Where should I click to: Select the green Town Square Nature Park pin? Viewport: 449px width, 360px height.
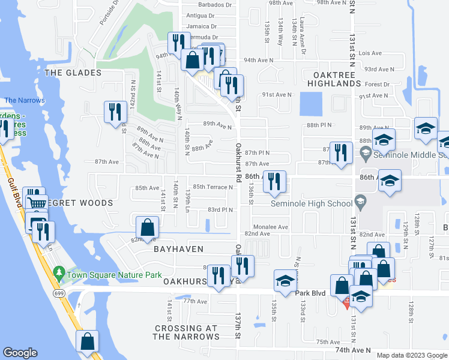[58, 274]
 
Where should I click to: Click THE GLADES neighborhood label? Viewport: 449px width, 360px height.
[73, 73]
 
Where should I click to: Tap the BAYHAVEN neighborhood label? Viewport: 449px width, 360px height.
[178, 248]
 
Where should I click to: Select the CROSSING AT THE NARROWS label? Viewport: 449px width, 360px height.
[185, 332]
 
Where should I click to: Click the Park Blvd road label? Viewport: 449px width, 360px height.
[311, 293]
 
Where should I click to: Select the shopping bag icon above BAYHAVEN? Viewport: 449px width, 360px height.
[147, 228]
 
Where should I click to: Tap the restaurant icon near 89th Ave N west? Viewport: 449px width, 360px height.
[113, 112]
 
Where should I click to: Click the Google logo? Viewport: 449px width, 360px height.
[20, 353]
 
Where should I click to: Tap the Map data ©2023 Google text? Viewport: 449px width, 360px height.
[411, 355]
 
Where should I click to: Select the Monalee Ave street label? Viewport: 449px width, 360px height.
[274, 227]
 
